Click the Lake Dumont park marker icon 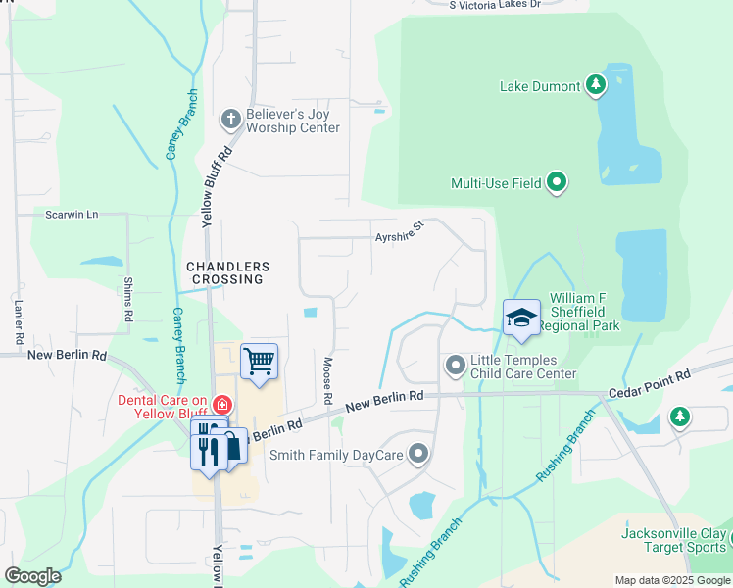point(595,86)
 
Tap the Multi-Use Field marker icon point(557,182)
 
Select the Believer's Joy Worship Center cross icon point(231,120)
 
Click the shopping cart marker point(260,361)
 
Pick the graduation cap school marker point(521,318)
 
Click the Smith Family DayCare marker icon point(419,453)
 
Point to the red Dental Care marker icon point(222,405)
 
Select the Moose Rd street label point(328,381)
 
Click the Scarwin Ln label point(72,213)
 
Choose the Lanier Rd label point(19,322)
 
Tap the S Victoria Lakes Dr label point(495,5)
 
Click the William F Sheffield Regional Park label point(584,311)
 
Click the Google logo point(32,576)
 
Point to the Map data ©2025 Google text point(671,580)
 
